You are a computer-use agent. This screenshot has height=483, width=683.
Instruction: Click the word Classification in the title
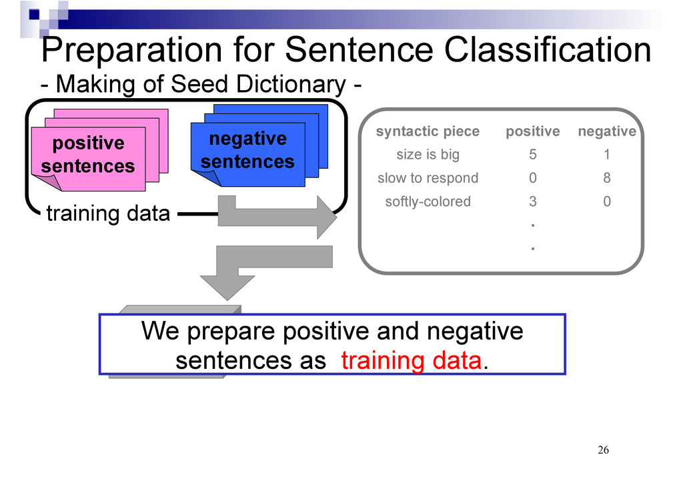[548, 49]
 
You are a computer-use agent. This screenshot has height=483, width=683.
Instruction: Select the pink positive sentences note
[89, 159]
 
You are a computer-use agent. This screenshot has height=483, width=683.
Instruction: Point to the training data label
[108, 213]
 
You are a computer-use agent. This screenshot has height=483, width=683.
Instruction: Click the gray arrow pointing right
[277, 216]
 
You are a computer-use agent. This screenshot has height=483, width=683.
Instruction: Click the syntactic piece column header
[428, 131]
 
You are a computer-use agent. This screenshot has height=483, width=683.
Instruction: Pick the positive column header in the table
[533, 131]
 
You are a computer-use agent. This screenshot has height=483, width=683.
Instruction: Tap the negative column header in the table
[607, 131]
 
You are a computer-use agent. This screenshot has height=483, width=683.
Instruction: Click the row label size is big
[428, 155]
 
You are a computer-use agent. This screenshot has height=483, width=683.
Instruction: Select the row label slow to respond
[428, 178]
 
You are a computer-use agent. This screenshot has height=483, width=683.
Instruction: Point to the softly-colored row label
[428, 201]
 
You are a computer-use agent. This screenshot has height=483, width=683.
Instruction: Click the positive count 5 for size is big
[533, 155]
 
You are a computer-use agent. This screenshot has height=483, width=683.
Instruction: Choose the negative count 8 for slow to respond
[607, 178]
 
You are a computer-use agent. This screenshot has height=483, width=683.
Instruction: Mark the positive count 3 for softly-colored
[533, 201]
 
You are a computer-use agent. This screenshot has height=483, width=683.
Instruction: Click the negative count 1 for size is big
[607, 155]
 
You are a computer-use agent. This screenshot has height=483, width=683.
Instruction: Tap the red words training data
[411, 361]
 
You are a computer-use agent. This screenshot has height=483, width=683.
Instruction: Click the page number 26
[603, 450]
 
